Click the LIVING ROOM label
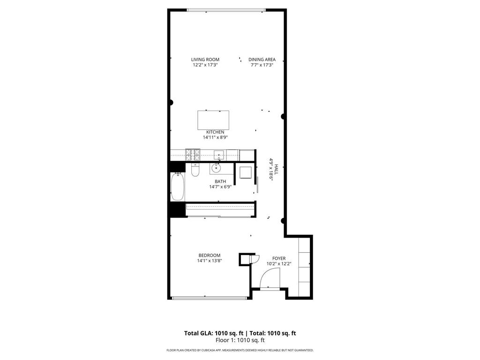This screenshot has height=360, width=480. click(205, 60)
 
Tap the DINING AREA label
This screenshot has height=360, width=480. click(262, 60)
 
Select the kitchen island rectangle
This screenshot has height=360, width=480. click(213, 120)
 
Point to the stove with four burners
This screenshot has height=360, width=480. click(193, 153)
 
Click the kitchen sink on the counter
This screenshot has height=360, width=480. click(219, 154)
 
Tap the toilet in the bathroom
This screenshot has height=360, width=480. click(195, 170)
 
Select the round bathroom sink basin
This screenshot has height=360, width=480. click(217, 167)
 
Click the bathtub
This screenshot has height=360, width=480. click(177, 187)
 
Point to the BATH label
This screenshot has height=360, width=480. click(220, 181)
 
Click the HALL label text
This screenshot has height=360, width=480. click(277, 170)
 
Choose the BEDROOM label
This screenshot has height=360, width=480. click(210, 255)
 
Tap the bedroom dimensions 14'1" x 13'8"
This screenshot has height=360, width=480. click(210, 261)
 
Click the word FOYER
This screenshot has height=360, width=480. click(279, 258)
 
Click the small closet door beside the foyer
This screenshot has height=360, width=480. click(255, 260)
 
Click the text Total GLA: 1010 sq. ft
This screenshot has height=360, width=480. click(211, 333)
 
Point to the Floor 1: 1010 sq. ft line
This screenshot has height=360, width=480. click(240, 340)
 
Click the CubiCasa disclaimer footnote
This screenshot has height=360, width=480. click(240, 350)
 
